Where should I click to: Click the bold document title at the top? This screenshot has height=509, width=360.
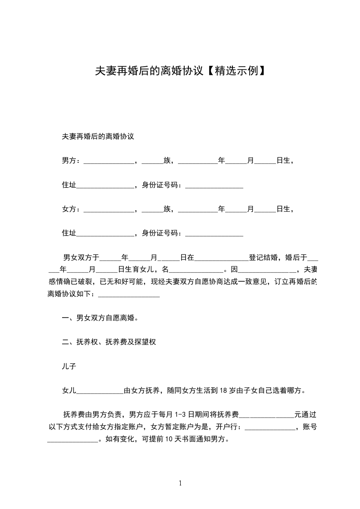[x=180, y=71]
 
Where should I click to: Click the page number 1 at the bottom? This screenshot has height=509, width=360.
[x=180, y=483]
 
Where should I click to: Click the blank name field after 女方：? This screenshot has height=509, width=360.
[x=109, y=210]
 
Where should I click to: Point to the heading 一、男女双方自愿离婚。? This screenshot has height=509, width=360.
[x=100, y=318]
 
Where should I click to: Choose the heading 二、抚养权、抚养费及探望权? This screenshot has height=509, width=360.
[x=109, y=342]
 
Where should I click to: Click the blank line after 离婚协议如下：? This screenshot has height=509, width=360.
[x=129, y=295]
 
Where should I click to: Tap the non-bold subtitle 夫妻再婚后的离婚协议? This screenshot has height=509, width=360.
[x=98, y=136]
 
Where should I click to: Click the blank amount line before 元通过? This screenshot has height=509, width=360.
[x=266, y=416]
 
